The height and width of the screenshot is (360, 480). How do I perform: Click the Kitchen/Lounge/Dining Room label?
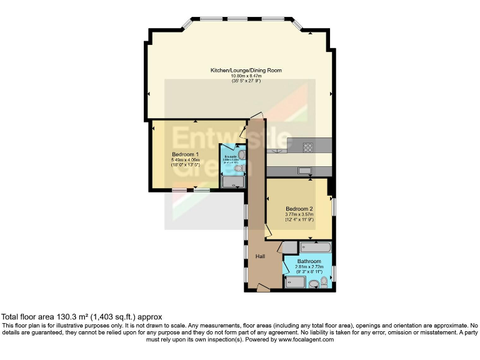pos(246,71)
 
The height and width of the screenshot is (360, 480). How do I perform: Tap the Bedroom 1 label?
pos(185,154)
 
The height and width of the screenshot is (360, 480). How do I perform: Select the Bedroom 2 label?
pos(299,208)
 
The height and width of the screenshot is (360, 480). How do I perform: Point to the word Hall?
pos(261,256)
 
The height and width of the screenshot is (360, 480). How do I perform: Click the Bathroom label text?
pos(309,261)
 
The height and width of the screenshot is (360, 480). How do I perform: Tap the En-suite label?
pos(231,156)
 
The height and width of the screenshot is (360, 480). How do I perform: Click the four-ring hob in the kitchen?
pos(308,147)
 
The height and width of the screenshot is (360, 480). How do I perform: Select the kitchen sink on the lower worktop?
pos(305,171)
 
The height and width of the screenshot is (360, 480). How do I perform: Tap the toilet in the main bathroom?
pos(323,282)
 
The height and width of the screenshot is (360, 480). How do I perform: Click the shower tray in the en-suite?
pos(234,181)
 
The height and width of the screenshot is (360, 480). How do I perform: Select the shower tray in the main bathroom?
pos(295,282)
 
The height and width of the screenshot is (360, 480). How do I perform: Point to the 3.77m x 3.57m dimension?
pos(299,214)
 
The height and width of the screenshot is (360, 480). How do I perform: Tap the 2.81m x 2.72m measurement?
pos(309,267)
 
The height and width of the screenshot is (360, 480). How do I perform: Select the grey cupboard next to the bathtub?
pos(289,247)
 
